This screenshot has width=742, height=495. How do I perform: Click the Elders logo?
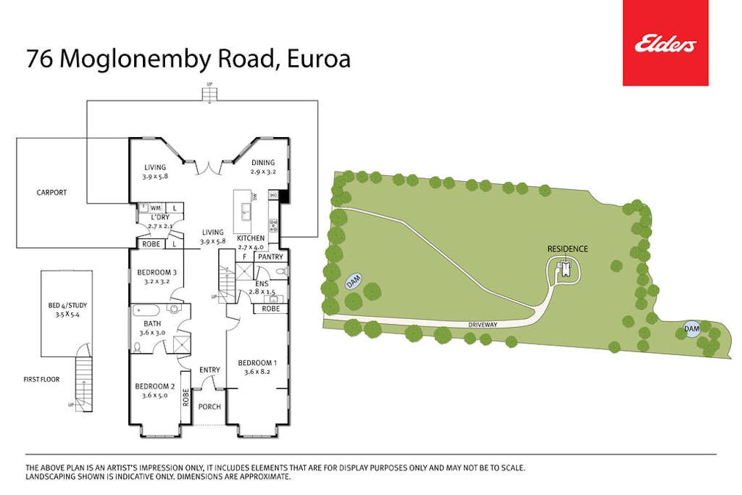(665, 43)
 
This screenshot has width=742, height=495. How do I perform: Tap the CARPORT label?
(51, 193)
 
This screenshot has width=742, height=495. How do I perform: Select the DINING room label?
(262, 163)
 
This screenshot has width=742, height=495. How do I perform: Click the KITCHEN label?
(250, 238)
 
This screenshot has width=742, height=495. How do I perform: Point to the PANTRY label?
(270, 257)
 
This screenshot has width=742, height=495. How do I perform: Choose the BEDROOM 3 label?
(157, 273)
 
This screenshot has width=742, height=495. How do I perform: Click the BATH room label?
(152, 323)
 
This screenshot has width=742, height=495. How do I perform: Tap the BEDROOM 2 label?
(154, 386)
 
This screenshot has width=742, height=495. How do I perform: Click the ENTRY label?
(210, 370)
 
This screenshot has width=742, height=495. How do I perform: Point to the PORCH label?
(210, 407)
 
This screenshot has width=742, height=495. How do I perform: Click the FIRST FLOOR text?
(41, 379)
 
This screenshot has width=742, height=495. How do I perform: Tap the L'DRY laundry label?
(160, 218)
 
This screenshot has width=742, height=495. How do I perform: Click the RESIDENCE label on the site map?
(567, 249)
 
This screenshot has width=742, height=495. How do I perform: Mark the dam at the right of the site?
(691, 329)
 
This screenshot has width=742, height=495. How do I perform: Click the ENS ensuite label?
(261, 283)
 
